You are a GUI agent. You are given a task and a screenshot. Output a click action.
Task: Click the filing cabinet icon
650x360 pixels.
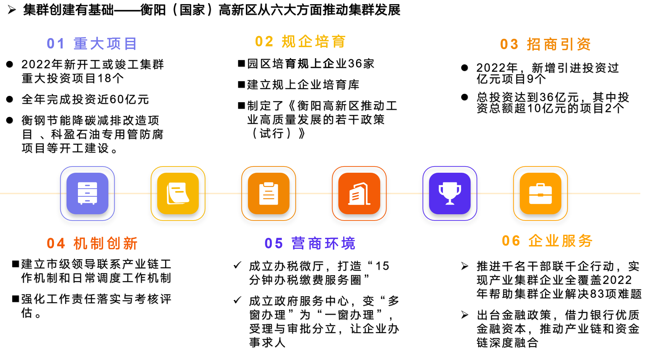pos(87,193)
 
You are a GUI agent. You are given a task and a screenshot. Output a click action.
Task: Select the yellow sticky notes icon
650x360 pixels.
pos(178,193)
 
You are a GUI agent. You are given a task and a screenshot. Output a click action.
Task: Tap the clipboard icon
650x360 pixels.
pos(269,193)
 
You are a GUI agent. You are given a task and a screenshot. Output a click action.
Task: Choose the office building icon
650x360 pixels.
pos(359,193)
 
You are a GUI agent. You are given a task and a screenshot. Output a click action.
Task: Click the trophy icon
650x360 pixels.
pos(450,193)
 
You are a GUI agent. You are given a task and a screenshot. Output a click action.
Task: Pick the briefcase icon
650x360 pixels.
pos(540,193)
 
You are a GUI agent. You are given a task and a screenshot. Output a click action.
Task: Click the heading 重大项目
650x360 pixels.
pos(105,44)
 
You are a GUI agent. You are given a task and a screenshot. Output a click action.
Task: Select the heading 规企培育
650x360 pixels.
pos(313,42)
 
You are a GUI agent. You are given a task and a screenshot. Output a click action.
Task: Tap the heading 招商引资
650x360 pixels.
pos(559,44)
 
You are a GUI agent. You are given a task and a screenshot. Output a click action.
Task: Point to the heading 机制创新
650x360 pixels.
pos(105,244)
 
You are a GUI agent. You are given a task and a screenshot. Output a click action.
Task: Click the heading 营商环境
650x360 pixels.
pos(323,244)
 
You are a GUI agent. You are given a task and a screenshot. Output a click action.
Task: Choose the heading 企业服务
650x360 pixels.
pos(560,241)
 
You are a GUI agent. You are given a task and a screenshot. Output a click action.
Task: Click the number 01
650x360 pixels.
pos(55,44)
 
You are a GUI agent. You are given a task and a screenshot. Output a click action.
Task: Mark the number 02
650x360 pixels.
pos(264,42)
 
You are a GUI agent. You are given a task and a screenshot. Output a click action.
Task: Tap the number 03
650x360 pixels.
pos(509,44)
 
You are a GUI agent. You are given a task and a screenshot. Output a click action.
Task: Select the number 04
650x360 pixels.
pos(56,244)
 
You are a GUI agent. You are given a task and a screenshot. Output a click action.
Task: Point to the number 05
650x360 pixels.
pos(274,244)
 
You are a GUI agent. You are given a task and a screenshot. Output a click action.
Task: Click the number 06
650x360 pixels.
pos(511,241)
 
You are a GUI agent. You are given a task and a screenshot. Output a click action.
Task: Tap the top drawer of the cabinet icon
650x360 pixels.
pos(87,186)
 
